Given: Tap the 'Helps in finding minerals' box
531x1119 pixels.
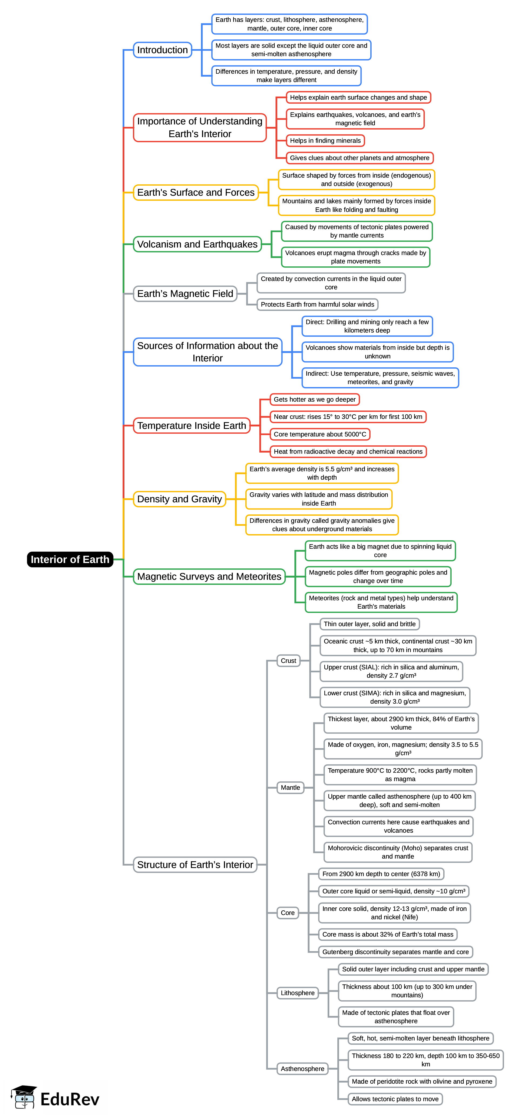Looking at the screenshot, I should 325,141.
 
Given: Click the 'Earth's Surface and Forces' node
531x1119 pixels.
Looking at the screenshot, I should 196,192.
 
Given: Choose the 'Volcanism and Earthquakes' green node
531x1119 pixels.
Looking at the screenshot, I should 197,244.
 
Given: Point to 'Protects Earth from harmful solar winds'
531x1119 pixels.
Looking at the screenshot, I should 317,304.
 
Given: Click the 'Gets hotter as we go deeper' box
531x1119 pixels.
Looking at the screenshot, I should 315,399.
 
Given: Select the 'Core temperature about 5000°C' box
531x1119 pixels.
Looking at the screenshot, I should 320,434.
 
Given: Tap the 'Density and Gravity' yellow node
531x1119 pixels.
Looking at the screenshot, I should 179,499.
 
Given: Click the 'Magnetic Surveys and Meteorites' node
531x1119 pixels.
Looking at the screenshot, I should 209,577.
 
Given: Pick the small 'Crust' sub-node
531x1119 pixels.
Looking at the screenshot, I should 288,661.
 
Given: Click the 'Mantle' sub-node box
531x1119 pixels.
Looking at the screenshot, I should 290,788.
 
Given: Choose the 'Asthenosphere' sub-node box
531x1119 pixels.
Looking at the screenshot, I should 303,1069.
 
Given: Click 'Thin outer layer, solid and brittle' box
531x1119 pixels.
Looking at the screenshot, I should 369,624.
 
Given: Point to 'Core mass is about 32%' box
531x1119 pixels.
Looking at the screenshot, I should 388,934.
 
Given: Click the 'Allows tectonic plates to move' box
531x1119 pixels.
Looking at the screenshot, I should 395,1099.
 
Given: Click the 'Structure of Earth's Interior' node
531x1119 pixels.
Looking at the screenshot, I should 195,865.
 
